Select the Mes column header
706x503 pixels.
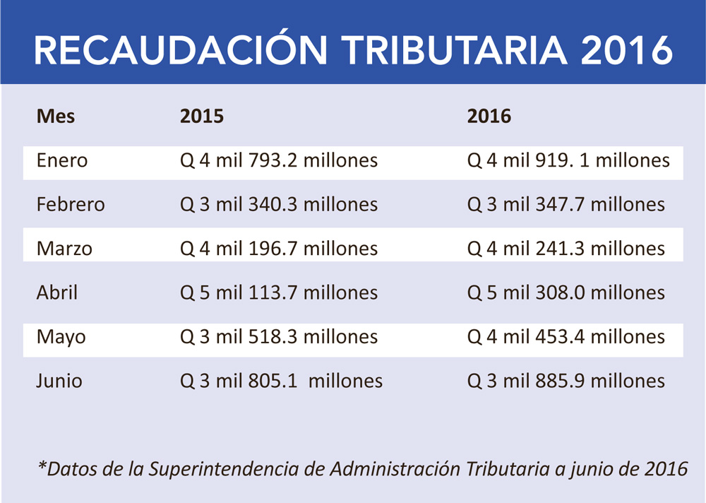point(56,116)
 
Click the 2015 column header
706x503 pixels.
point(203,116)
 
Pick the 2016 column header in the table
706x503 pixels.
point(489,116)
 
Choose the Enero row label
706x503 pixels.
point(62,160)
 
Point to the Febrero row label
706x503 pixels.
point(71,205)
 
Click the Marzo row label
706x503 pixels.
point(64,249)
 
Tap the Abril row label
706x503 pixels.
point(57,292)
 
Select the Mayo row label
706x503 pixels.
point(61,337)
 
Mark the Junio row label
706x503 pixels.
point(59,381)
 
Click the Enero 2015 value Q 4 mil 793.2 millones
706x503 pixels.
point(280,160)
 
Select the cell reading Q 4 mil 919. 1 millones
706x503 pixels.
point(568,160)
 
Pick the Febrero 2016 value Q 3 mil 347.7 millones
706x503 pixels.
point(566,205)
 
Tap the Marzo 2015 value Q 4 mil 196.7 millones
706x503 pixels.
point(280,249)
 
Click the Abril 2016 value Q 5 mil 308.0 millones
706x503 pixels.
point(566,292)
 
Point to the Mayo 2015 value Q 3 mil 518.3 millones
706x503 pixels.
point(280,337)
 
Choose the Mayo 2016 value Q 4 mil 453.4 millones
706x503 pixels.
point(566,337)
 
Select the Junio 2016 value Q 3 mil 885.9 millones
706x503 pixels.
point(566,381)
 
